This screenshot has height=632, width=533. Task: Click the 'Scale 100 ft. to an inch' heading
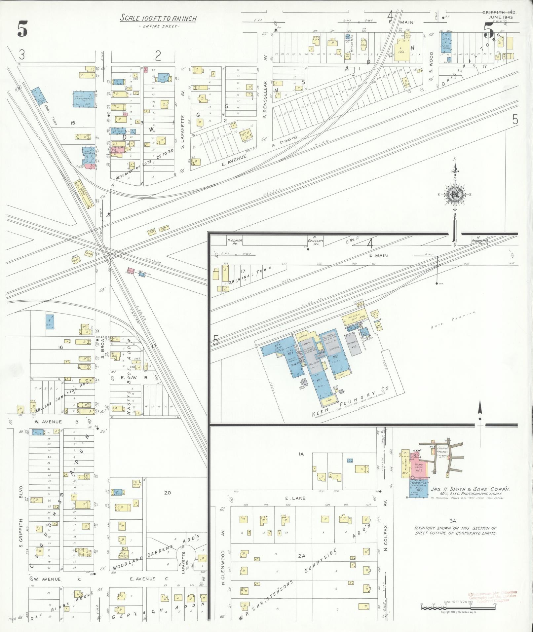pyautogui.click(x=158, y=19)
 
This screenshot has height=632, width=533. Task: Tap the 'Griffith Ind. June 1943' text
pyautogui.click(x=499, y=15)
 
